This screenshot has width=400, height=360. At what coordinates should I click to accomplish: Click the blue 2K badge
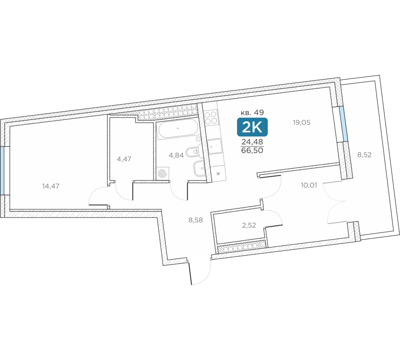(x=252, y=127)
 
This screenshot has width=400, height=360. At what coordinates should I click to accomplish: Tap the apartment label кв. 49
(x=252, y=112)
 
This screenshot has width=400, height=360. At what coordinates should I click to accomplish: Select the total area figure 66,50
(x=252, y=150)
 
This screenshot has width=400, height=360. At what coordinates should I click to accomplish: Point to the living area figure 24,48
(x=252, y=142)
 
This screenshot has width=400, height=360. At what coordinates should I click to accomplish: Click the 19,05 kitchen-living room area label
(x=302, y=122)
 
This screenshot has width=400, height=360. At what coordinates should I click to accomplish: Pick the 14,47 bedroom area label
(x=51, y=186)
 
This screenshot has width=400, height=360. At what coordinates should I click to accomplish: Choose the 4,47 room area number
(x=124, y=159)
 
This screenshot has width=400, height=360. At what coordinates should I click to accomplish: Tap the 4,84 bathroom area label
(x=176, y=155)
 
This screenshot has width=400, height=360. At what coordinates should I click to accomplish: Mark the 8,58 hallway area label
(x=196, y=220)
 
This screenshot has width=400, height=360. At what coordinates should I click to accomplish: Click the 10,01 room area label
(x=309, y=185)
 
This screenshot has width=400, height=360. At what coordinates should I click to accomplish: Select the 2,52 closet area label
(x=249, y=225)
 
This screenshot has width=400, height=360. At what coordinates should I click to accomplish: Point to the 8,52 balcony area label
(x=364, y=155)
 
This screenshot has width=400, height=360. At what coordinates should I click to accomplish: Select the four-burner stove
(x=211, y=117)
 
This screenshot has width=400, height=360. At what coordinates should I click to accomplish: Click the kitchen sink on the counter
(x=215, y=146)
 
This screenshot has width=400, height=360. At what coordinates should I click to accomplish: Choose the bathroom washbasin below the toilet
(x=200, y=169)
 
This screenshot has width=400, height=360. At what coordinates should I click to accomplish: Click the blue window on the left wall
(x=2, y=171)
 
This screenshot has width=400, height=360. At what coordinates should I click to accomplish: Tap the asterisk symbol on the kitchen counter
(x=218, y=174)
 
